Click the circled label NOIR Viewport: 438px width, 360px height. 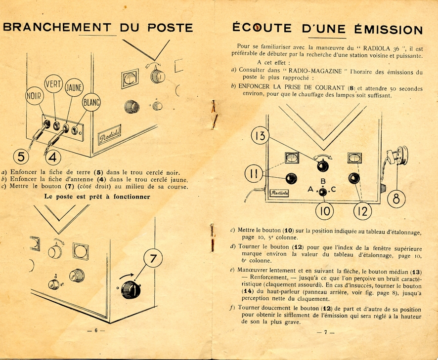pos(34,96)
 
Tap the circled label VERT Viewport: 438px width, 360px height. pos(53,83)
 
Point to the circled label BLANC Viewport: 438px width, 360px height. pos(91,103)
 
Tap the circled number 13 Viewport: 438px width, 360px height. pos(261,136)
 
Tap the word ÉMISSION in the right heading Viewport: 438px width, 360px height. pos(385,29)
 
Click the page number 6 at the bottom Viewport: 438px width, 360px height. pos(96,330)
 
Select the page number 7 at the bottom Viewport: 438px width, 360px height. pos(326,332)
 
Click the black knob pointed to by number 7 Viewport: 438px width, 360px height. pos(131,289)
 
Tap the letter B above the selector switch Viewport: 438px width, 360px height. pos(323,181)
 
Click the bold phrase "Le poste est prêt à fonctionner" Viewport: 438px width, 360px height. pos(97,196)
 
